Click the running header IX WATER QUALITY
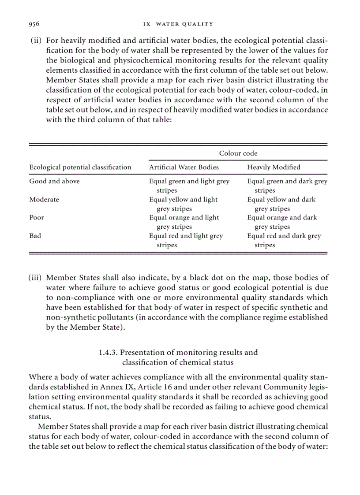click(178, 24)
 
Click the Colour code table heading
click(238, 153)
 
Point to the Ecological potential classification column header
click(80, 167)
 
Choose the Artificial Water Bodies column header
click(184, 167)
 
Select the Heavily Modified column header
click(274, 167)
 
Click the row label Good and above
click(55, 181)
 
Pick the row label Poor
click(37, 217)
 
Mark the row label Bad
click(35, 236)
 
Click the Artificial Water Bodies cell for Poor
click(184, 222)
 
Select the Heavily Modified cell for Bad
click(284, 240)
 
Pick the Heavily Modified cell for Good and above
click(287, 186)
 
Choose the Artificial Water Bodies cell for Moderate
click(183, 204)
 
